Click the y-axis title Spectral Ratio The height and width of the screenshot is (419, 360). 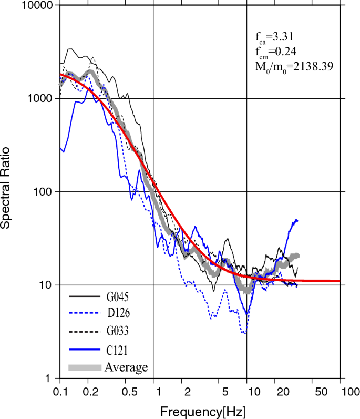point(7,192)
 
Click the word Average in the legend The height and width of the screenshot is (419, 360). point(126,366)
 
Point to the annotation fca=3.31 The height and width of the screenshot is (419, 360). point(274,37)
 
